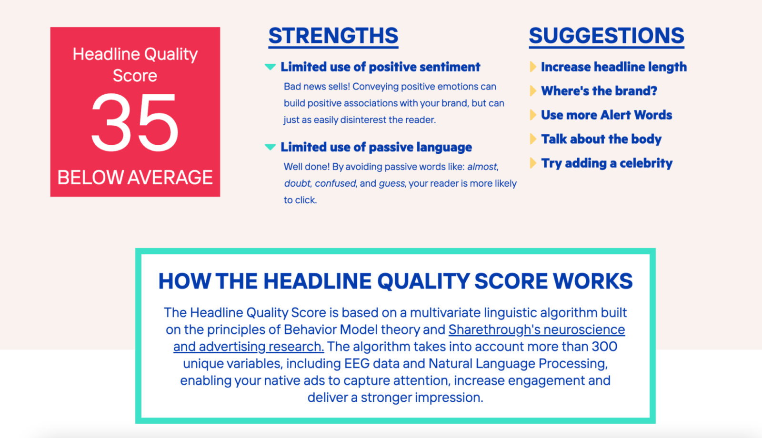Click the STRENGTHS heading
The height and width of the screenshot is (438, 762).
(x=333, y=36)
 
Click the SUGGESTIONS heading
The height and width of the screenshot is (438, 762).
(x=607, y=36)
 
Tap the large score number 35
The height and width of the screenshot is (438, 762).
(x=135, y=122)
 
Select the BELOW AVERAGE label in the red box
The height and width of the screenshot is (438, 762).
(x=135, y=178)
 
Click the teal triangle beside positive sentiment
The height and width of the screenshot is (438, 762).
(x=271, y=67)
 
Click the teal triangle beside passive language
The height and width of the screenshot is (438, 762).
(x=271, y=147)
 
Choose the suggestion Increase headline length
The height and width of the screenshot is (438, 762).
(x=614, y=67)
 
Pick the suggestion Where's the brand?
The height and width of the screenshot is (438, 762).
(x=599, y=91)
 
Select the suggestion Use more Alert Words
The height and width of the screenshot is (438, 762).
(x=607, y=115)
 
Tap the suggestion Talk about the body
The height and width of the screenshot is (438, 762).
(x=602, y=139)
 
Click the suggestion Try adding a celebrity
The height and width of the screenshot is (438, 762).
(x=607, y=163)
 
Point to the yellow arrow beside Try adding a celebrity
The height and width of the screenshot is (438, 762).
(x=533, y=163)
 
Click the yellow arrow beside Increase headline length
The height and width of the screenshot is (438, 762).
(x=533, y=67)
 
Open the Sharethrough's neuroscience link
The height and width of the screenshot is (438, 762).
(x=537, y=329)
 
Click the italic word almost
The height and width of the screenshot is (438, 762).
(x=483, y=167)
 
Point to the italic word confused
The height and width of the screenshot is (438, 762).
(x=336, y=183)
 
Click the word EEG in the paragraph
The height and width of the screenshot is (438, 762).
(x=357, y=364)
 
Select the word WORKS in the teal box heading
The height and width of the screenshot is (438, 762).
(x=592, y=281)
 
